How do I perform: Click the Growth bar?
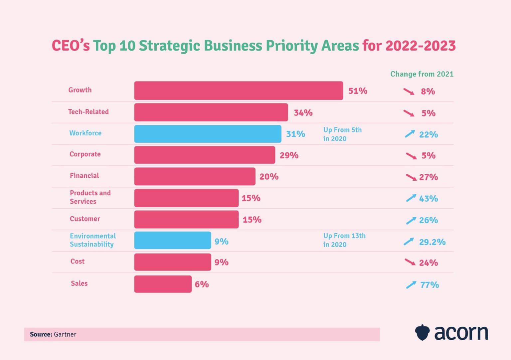tap(239, 90)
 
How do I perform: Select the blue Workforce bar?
tap(208, 134)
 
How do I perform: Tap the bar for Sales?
tap(163, 284)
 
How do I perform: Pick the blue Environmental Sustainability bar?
tap(172, 241)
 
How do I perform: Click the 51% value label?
tap(358, 91)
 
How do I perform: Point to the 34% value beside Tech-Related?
tap(303, 113)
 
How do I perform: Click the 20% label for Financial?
tap(269, 177)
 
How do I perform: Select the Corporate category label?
tap(85, 154)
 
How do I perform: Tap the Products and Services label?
tap(90, 197)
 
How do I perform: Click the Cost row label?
tap(78, 261)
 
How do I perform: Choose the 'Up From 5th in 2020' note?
tap(342, 134)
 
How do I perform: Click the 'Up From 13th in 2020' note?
tap(344, 240)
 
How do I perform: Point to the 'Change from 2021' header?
tap(422, 74)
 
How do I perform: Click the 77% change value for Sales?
tap(429, 285)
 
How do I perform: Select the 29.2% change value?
tap(432, 242)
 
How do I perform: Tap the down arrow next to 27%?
tap(411, 177)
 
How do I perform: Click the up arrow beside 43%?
tap(411, 198)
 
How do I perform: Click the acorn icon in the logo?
tap(423, 332)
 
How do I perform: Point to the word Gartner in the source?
tap(65, 334)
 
